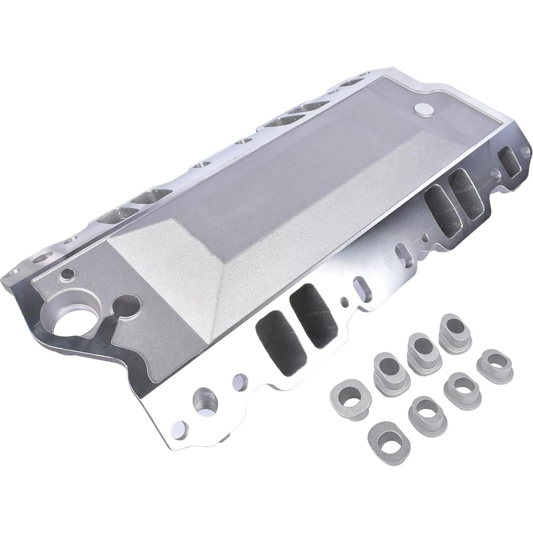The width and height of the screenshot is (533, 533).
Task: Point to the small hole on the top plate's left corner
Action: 67,275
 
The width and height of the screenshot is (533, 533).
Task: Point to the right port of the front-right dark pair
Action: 465,193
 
